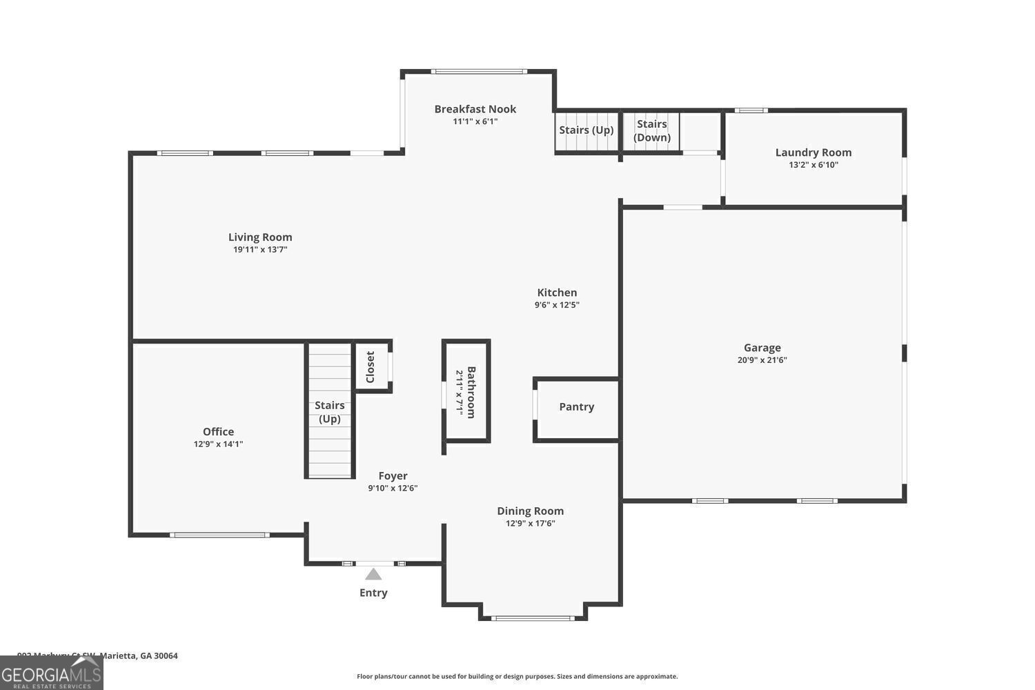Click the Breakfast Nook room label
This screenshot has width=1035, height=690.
point(475,109)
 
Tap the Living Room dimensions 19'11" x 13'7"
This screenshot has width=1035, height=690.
point(260,250)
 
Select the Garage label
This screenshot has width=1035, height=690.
point(762,348)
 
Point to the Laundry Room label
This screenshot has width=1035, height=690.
point(813,152)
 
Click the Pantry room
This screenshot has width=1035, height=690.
point(576,407)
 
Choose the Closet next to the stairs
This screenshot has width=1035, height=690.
point(371,366)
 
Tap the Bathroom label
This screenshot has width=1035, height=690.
point(471,391)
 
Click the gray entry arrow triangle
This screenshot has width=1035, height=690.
point(373,574)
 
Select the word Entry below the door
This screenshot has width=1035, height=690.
point(373,593)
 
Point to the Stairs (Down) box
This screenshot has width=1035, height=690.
point(651,130)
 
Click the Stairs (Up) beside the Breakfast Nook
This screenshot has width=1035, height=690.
point(586,130)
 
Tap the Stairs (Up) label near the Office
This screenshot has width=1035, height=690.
point(329,412)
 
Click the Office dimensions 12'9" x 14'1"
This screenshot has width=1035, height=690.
point(218,444)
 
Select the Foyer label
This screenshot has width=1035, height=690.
point(393,476)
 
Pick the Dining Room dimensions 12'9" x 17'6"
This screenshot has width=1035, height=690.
point(530,524)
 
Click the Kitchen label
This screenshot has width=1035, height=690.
point(557,293)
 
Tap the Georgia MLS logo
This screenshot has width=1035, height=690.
point(51,673)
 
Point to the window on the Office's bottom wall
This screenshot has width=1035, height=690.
point(219,535)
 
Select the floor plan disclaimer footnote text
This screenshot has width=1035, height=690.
point(517,677)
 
